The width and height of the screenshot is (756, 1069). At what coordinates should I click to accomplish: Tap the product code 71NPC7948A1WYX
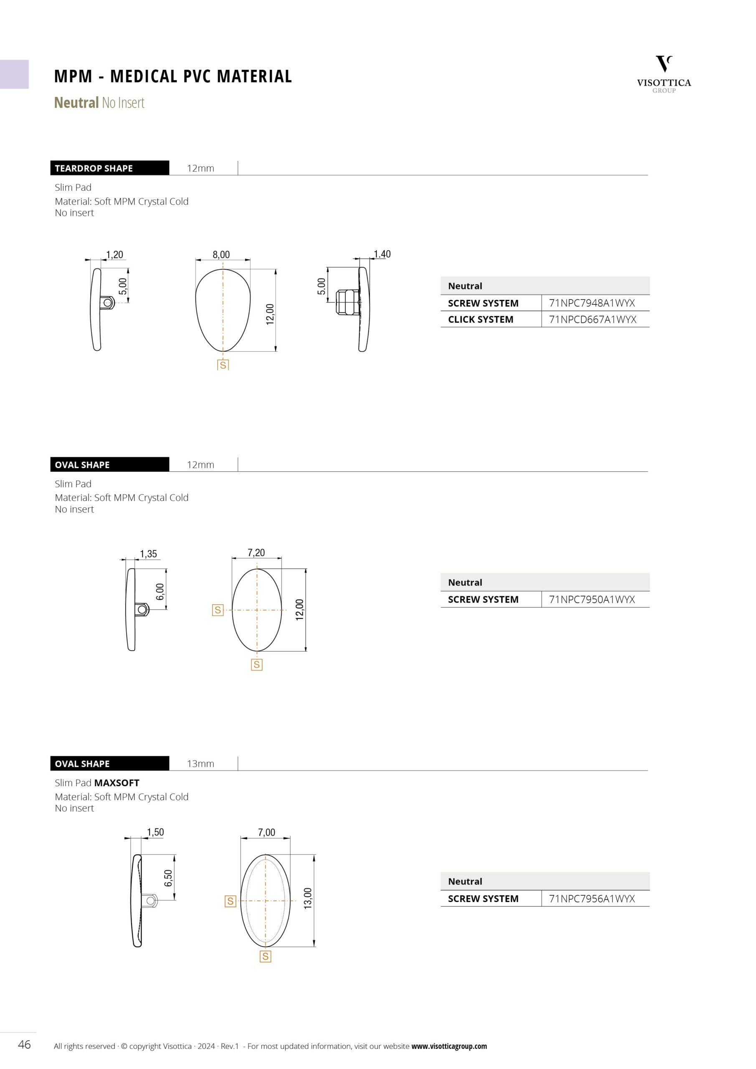(x=591, y=303)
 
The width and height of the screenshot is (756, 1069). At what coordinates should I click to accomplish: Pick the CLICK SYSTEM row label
(x=480, y=319)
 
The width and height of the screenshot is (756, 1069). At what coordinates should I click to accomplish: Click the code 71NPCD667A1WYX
(x=592, y=319)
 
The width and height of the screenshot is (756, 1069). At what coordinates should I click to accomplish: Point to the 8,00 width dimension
(x=221, y=255)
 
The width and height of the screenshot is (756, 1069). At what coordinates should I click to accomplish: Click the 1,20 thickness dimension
(x=114, y=255)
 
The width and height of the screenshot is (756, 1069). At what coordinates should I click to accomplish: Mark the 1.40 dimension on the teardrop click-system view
(x=382, y=254)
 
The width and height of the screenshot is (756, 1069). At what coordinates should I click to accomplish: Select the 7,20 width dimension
(x=256, y=552)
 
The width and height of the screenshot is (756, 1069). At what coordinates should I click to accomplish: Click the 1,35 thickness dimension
(x=148, y=554)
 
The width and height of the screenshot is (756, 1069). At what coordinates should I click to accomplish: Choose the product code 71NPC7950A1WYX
(x=591, y=600)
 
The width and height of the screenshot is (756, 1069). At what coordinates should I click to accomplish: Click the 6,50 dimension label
(x=168, y=878)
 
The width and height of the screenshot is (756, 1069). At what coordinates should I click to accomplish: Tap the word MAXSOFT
(x=117, y=783)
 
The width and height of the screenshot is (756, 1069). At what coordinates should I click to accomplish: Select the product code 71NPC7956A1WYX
(x=591, y=899)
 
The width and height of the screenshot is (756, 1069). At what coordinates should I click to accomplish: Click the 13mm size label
(x=200, y=764)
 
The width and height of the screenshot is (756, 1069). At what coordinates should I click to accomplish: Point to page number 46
(x=24, y=1045)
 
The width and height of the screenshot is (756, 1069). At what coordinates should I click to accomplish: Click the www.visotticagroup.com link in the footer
(x=449, y=1046)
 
